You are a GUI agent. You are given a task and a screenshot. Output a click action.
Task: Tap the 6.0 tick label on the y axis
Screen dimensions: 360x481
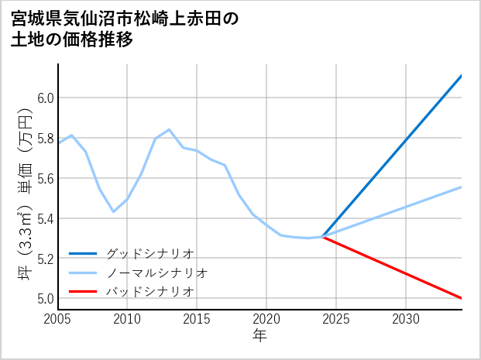(x=46, y=98)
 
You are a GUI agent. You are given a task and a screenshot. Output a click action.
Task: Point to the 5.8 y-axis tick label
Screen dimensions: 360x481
(x=46, y=139)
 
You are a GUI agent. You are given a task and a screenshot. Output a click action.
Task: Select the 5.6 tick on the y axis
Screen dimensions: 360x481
(x=46, y=178)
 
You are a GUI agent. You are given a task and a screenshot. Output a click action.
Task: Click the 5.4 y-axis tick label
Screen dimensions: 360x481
(x=46, y=218)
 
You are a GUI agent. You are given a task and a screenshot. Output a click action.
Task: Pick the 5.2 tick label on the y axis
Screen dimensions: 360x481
(x=46, y=259)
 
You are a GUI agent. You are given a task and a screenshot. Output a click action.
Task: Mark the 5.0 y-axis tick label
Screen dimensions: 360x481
(x=46, y=298)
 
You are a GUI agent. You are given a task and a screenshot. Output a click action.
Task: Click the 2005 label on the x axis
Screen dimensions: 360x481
(x=58, y=319)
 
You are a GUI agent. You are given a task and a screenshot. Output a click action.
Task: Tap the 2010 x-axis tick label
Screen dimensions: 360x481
(x=127, y=319)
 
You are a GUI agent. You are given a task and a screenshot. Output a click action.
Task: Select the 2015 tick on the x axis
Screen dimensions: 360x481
(x=197, y=319)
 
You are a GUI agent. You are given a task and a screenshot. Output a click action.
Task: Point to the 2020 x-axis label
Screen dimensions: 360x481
(x=266, y=319)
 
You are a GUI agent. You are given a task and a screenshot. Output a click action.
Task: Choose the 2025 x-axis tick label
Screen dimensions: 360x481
(x=336, y=319)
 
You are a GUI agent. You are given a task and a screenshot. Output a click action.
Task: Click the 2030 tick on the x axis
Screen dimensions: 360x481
(x=406, y=319)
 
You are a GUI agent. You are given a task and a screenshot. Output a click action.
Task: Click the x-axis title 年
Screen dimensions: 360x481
(x=260, y=335)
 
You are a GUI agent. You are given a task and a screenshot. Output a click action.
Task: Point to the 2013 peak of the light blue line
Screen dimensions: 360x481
(x=169, y=129)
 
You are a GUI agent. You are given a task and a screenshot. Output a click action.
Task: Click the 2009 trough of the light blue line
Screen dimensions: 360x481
(x=114, y=211)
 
